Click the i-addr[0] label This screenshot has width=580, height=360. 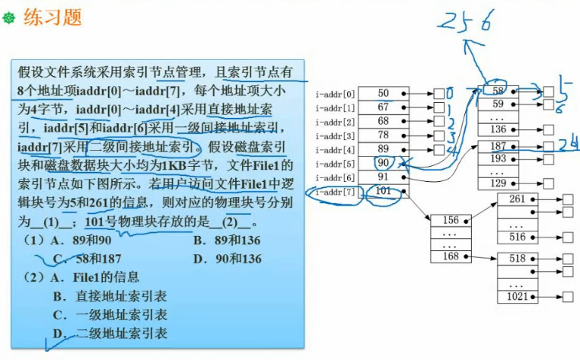coord(335,94)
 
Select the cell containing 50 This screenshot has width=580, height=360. coord(384,94)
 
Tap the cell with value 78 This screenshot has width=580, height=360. coord(384,135)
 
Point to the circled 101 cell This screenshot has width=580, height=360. coord(384,191)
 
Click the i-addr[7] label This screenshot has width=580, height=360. coord(335,192)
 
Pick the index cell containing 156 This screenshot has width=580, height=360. coord(451,221)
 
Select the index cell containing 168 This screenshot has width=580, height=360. coord(451,256)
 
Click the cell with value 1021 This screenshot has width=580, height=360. coord(518,297)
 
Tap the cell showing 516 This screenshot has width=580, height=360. coord(518,237)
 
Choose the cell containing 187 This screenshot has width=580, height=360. coord(499,147)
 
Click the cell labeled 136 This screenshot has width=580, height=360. coord(499,129)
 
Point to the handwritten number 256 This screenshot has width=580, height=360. coord(466,21)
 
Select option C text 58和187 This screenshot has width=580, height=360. coord(98,259)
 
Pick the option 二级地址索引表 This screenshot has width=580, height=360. coord(122,333)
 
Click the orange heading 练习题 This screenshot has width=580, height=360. coord(53,17)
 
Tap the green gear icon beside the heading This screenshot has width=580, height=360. coord(9,18)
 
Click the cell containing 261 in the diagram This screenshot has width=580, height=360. coord(518,199)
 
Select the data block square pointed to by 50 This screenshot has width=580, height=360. coord(439,94)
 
